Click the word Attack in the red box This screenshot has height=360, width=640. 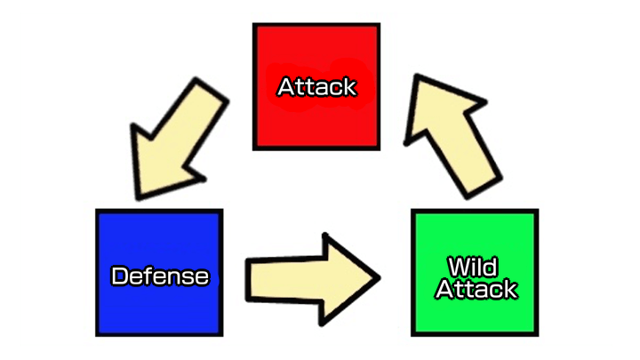(316, 87)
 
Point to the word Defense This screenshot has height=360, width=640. (159, 276)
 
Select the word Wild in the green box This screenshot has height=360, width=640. (472, 266)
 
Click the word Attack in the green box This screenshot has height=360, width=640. (476, 289)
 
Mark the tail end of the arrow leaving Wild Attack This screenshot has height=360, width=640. (481, 182)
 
